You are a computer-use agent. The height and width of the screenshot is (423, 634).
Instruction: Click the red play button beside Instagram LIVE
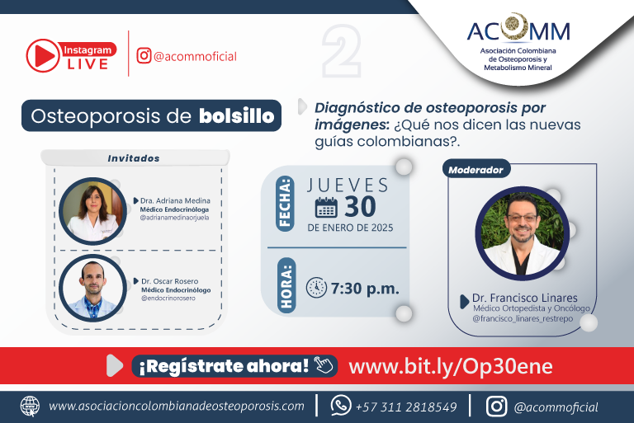pos(43,56)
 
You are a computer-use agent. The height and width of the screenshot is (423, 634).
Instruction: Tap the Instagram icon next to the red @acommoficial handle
pos(144,56)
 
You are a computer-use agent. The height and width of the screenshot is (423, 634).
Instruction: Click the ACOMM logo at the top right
pos(518,42)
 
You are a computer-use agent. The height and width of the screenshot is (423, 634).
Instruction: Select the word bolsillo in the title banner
pos(237,116)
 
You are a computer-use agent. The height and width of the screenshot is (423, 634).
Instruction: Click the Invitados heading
pos(134,158)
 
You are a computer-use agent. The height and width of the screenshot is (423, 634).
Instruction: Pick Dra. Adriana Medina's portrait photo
pos(92,211)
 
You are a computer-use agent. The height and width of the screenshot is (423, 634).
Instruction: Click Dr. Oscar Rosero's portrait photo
pos(92,288)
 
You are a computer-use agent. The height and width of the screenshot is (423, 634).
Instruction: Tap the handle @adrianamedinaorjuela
pos(174,218)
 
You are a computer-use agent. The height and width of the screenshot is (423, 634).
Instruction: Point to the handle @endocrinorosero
pos(168,298)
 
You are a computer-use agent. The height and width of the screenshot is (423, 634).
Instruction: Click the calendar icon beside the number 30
pos(326,207)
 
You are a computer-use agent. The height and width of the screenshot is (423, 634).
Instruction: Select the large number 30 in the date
pos(360,207)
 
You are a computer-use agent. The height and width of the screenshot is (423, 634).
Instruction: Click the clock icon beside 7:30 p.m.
pos(316,288)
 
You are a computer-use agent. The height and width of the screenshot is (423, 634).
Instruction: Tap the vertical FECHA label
pos(285,203)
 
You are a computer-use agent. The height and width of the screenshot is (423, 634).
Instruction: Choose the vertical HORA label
pos(286,285)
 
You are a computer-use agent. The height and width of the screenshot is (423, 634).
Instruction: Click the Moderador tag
pos(475,170)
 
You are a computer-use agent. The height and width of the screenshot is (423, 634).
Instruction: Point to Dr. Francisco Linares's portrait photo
pos(523,233)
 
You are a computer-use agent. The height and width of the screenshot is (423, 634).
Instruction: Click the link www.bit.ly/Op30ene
pos(451,366)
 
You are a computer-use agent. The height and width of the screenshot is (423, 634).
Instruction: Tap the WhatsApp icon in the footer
pos(341,405)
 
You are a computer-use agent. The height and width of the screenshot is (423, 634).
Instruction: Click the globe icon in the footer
pos(31,406)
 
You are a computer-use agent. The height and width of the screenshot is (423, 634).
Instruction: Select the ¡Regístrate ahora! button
pos(234,366)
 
